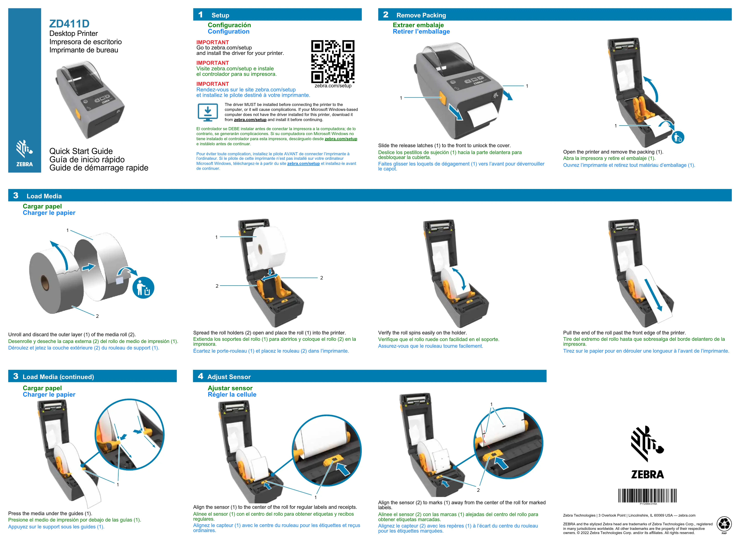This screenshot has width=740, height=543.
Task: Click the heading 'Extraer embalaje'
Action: point(418,25)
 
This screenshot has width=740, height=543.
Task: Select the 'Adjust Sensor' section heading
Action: point(229,377)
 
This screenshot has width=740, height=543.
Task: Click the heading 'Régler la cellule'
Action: point(232,394)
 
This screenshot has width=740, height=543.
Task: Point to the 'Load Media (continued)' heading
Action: point(58,377)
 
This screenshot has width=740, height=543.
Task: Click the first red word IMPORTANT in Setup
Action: point(212,42)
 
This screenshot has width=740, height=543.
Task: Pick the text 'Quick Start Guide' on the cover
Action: point(81,151)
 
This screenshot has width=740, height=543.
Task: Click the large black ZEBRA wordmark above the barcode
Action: point(647,474)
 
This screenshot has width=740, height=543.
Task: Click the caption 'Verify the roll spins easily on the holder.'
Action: point(422,333)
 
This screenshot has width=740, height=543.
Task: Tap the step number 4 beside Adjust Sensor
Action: point(200,376)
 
